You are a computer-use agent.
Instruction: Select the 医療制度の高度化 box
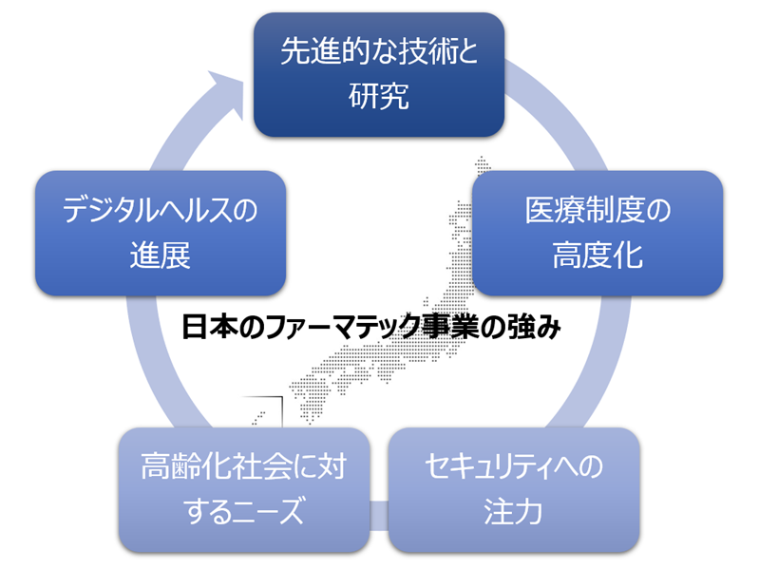598,233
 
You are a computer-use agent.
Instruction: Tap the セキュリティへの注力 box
513,489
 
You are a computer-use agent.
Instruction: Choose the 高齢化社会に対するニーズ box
244,489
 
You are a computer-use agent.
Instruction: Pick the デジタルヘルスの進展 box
161,233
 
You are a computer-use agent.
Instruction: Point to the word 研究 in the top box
378,97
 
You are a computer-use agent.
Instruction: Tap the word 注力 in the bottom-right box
513,514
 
